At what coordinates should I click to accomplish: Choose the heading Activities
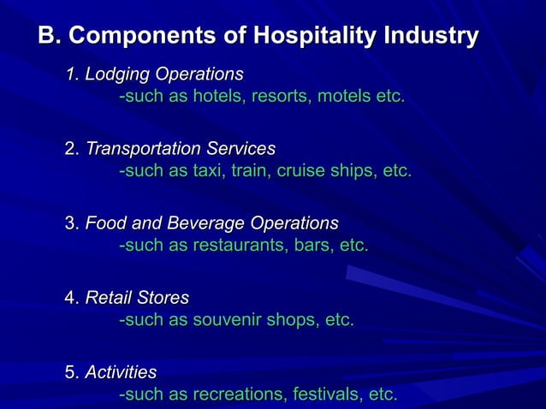121,372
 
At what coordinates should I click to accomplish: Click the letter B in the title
46,37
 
